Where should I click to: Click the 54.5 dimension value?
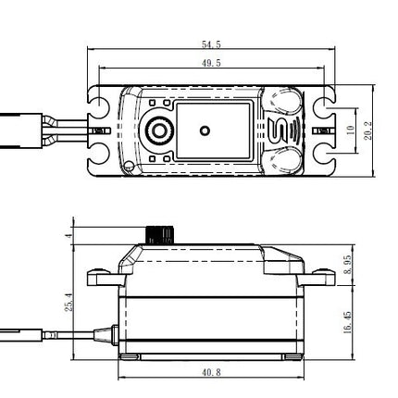coord(211,44)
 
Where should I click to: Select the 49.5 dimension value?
coord(211,63)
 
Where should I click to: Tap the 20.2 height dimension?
coord(368,131)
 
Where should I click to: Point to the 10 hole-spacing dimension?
coord(351,130)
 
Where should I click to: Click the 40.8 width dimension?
coord(211,372)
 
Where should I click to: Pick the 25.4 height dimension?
coord(69,302)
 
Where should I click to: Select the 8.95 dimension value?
coord(348,265)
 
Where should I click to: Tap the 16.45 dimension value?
coord(348,322)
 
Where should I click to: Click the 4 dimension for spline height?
coord(69,235)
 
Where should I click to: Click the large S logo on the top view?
coord(280,131)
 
